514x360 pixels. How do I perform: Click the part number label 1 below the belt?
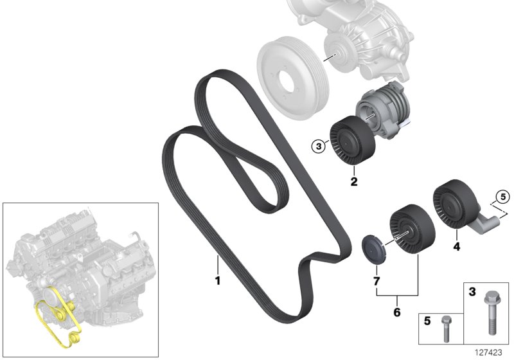pos(217,280)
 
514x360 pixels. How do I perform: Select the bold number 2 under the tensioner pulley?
pos(353,182)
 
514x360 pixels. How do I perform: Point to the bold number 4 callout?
pos(456,246)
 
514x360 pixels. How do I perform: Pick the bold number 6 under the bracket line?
pos(396,312)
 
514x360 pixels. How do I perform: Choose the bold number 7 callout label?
pos(375,280)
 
